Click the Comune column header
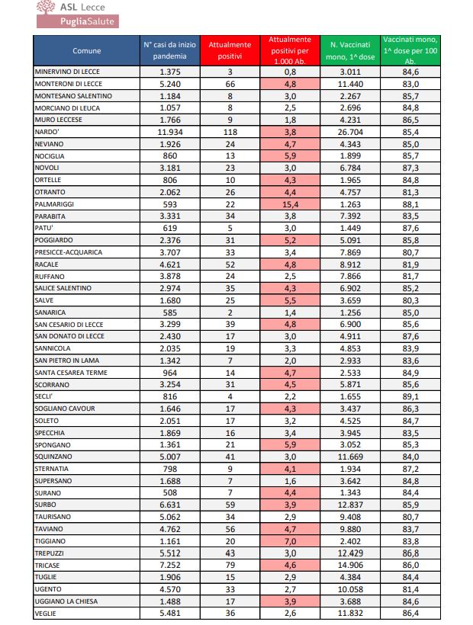tap(86, 50)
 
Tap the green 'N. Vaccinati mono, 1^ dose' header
tap(350, 50)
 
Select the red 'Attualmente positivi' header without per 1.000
tap(230, 50)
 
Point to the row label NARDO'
tap(47, 131)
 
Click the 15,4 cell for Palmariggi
tap(289, 204)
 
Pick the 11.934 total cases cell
tap(169, 131)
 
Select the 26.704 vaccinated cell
tap(349, 131)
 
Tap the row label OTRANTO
tap(50, 191)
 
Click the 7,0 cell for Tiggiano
tap(289, 541)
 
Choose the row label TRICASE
tap(49, 566)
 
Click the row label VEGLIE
tap(47, 614)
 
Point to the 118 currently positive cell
tap(230, 131)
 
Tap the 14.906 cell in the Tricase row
tap(349, 566)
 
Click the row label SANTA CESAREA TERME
tap(71, 373)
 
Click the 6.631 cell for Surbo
tap(169, 505)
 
